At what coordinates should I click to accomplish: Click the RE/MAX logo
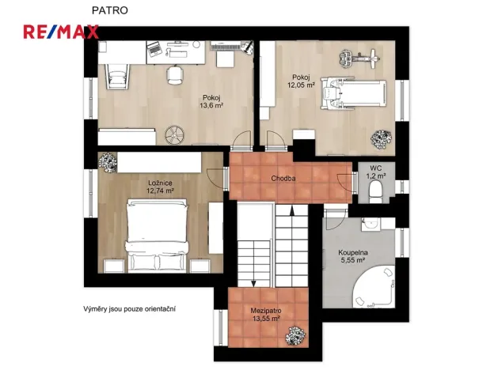click(x=60, y=32)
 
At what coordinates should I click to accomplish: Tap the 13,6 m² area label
click(x=211, y=105)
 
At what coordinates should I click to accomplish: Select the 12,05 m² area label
click(x=301, y=83)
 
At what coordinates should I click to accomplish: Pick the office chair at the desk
click(x=174, y=75)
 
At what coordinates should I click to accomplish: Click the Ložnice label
click(x=160, y=183)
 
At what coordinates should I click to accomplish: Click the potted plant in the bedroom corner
click(x=106, y=161)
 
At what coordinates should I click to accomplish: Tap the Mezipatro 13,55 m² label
click(x=267, y=314)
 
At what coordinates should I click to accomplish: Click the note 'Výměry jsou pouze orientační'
click(x=131, y=308)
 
